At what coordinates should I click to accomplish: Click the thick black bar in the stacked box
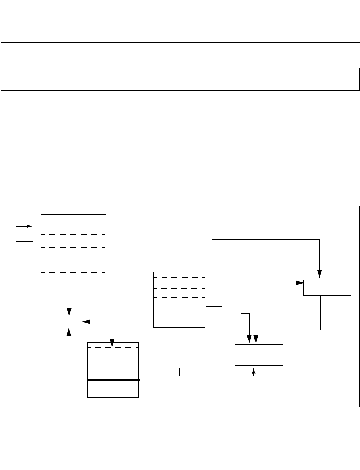coord(113,380)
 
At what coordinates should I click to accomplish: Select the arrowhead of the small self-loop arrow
coord(30,226)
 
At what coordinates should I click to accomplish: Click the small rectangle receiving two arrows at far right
coord(327,288)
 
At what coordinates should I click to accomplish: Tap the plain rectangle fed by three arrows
coord(259,355)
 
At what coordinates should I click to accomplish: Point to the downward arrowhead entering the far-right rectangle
coord(319,274)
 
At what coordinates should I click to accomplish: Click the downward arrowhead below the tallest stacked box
coord(69,312)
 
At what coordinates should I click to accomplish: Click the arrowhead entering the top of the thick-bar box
coord(111,342)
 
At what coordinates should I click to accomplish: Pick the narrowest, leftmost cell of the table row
coord(19,79)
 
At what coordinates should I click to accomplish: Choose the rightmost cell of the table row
coord(318,79)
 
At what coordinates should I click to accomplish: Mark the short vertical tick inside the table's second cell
coord(78,84)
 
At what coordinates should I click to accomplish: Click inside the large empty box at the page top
coord(180,21)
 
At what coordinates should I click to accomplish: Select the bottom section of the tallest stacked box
coord(73,282)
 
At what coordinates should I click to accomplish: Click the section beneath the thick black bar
coord(113,389)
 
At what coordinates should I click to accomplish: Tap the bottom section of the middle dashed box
coord(179,322)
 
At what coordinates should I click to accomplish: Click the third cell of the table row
coord(169,79)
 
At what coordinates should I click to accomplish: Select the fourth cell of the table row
coord(243,79)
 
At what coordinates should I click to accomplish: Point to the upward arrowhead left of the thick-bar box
coord(69,332)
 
